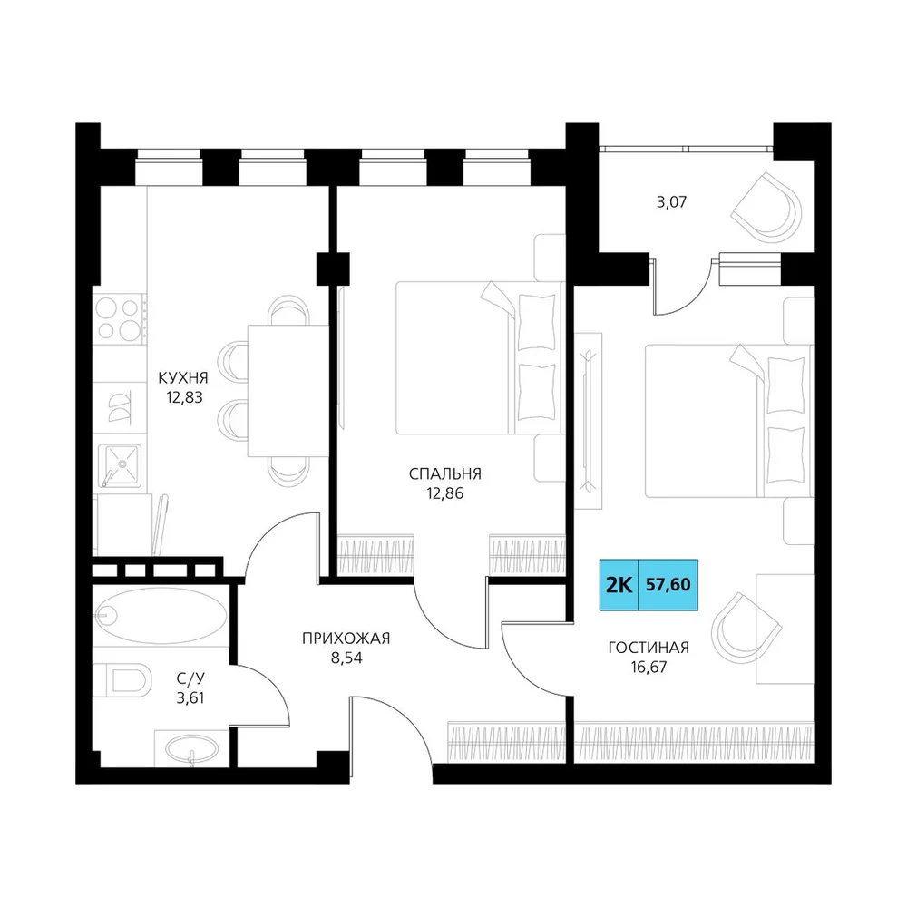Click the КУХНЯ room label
pyautogui.click(x=183, y=378)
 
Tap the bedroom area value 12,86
pyautogui.click(x=444, y=493)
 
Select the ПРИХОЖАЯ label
pyautogui.click(x=346, y=638)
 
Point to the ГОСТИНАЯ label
pyautogui.click(x=649, y=648)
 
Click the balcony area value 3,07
pyautogui.click(x=671, y=202)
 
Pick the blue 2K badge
pyautogui.click(x=619, y=585)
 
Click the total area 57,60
pyautogui.click(x=668, y=585)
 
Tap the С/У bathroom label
pyautogui.click(x=190, y=678)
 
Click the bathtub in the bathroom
pyautogui.click(x=161, y=616)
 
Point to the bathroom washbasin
pyautogui.click(x=191, y=749)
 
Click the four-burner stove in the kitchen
pyautogui.click(x=119, y=318)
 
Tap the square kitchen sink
pyautogui.click(x=120, y=465)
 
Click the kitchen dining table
pyautogui.click(x=288, y=390)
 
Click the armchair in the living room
pyautogui.click(x=746, y=629)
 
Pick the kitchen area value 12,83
pyautogui.click(x=184, y=397)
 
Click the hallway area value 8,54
pyautogui.click(x=346, y=658)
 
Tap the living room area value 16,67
pyautogui.click(x=649, y=667)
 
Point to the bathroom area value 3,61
pyautogui.click(x=190, y=697)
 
